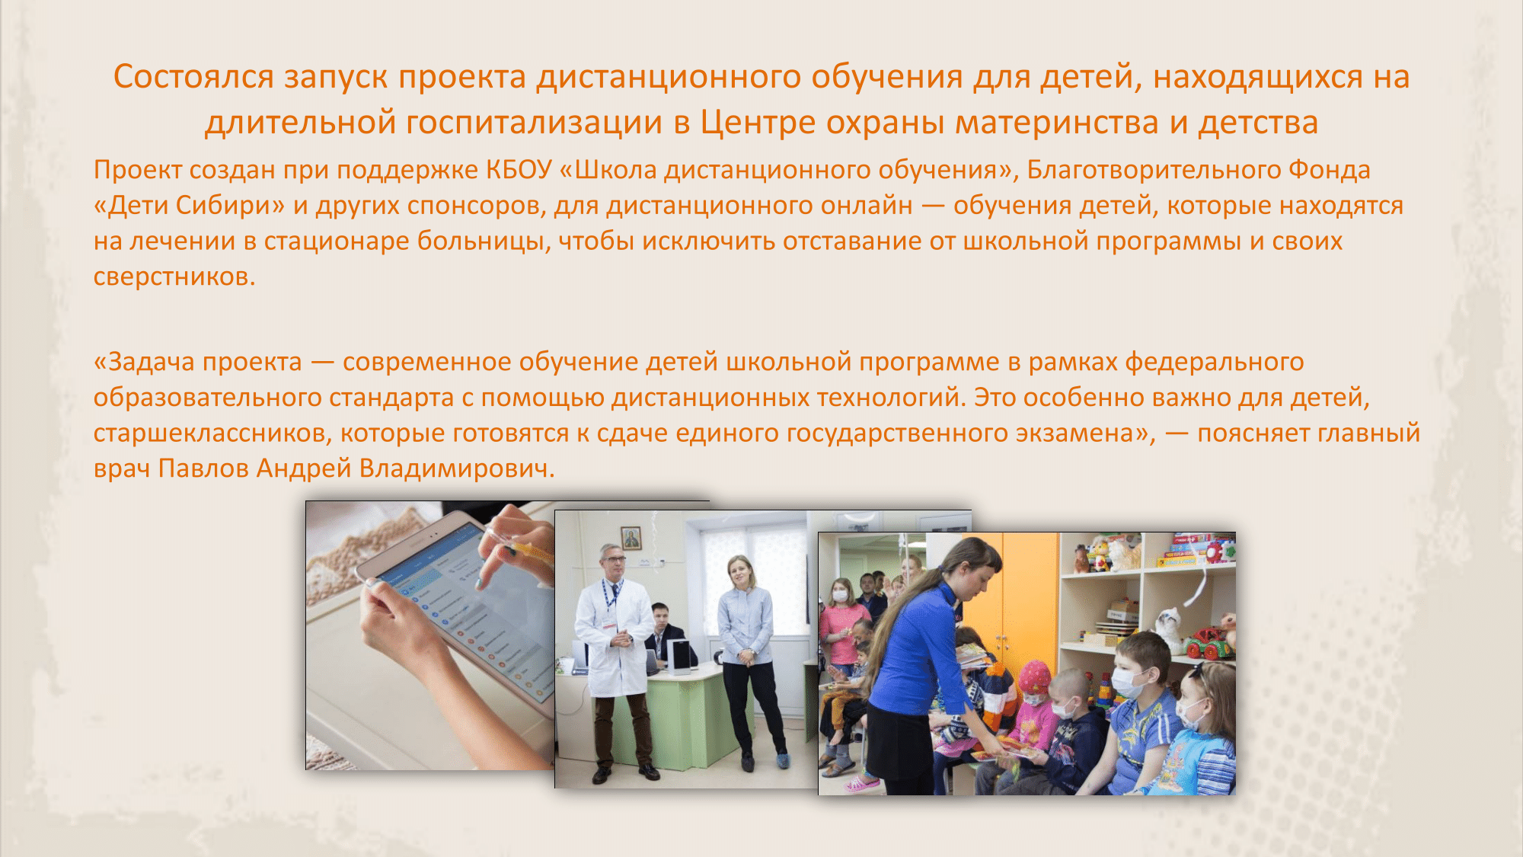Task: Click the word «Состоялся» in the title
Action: coord(193,77)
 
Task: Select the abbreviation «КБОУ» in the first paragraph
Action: coord(519,170)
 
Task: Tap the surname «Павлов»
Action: coord(203,468)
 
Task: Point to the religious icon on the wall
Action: coord(631,538)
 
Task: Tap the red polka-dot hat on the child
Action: coord(1034,676)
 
